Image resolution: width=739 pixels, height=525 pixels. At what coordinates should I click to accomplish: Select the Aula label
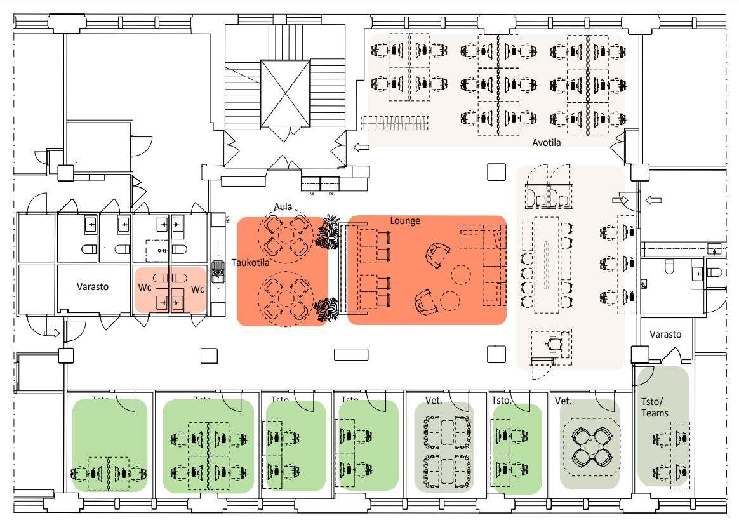(283, 206)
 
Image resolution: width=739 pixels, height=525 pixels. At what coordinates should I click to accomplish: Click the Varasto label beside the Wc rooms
(93, 286)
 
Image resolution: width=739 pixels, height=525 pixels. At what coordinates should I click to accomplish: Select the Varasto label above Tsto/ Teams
(665, 334)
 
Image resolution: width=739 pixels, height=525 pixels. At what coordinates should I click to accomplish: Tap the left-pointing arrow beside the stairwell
(361, 148)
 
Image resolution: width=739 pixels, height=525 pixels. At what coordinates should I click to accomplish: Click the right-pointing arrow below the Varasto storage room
(53, 332)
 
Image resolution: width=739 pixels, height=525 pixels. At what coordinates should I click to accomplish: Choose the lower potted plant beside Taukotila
(327, 310)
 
